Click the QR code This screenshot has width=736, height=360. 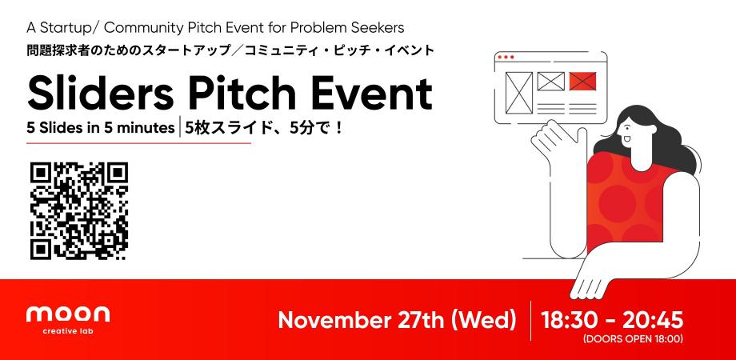pos(78,211)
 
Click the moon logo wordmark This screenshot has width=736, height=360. pos(67,314)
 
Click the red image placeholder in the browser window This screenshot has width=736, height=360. pos(584,81)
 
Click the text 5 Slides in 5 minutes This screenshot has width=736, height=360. pos(101,127)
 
